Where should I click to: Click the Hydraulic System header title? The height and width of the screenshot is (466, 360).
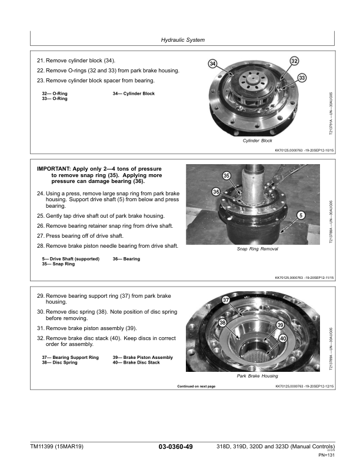182,40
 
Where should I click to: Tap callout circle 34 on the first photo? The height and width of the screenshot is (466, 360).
212,64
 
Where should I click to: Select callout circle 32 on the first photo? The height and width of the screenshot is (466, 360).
294,61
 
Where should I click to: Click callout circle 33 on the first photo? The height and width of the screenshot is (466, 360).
302,78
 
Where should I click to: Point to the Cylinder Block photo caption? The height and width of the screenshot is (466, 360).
257,141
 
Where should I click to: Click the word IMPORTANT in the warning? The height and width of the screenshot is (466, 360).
57,169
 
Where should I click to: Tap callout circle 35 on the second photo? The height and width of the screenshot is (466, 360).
226,176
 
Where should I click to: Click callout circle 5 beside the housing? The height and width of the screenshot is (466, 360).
301,215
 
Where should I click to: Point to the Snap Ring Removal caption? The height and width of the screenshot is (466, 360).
257,249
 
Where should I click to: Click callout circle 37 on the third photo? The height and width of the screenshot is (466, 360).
226,301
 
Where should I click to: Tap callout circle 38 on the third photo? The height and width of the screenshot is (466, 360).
222,322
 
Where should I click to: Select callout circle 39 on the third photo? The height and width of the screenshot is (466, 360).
280,325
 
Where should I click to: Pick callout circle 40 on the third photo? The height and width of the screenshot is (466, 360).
283,338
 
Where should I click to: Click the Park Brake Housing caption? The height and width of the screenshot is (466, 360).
257,375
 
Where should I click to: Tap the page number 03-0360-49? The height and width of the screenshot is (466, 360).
176,447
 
